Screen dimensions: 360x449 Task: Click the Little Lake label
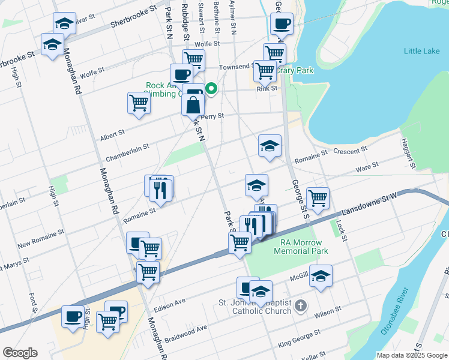[421, 52]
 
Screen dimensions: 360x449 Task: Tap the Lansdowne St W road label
[369, 204]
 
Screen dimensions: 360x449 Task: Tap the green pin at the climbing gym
[211, 89]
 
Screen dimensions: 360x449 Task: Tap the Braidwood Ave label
[185, 331]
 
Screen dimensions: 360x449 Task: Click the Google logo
[20, 353]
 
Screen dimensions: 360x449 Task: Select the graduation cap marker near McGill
[321, 276]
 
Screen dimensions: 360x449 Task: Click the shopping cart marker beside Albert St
[139, 103]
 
